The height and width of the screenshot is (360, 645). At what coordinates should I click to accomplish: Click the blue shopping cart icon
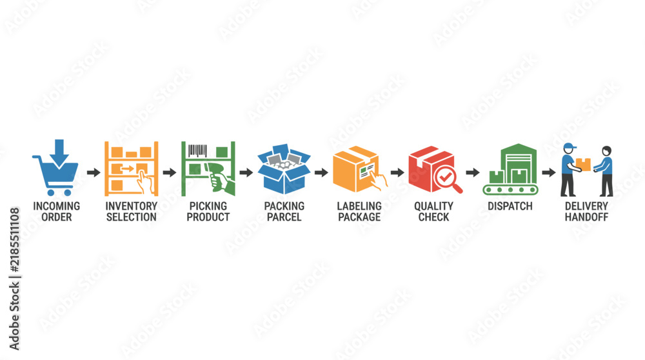(56, 175)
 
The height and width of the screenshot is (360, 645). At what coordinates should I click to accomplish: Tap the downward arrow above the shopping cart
(59, 152)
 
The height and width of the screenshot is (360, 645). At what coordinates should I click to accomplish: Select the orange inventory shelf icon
(131, 168)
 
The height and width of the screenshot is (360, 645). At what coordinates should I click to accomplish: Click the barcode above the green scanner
(197, 150)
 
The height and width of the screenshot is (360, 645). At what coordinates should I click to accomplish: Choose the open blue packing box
(284, 168)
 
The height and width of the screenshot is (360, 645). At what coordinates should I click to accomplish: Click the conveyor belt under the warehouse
(510, 190)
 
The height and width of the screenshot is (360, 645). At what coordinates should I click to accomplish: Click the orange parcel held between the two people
(583, 165)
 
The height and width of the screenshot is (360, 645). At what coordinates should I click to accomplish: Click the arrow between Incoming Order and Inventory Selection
(94, 172)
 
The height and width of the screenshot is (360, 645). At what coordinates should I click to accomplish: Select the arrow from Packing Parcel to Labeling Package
(321, 172)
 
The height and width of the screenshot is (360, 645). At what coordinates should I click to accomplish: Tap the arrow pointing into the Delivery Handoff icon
(549, 172)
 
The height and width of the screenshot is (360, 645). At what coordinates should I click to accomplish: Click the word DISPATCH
(510, 206)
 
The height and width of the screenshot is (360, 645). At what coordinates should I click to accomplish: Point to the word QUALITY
(433, 206)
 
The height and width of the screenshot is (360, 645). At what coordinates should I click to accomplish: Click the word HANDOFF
(586, 217)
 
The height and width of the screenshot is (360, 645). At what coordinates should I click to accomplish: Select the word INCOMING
(56, 206)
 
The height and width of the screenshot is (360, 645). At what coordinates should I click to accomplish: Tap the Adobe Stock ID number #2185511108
(14, 240)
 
